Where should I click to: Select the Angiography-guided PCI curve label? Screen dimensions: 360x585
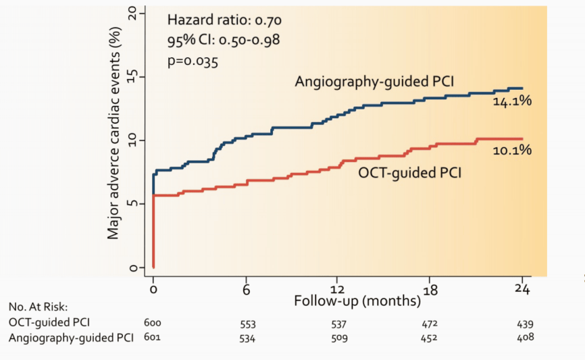pos(374,82)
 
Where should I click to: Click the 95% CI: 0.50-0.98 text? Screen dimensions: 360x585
pos(224,40)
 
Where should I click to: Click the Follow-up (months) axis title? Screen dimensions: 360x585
pos(357,301)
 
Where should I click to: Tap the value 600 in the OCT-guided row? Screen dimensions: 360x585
pos(153,324)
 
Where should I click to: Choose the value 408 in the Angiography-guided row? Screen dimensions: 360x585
pos(524,336)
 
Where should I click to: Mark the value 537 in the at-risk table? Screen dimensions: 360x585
pos(339,324)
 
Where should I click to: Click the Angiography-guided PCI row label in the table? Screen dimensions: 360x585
pos(71,336)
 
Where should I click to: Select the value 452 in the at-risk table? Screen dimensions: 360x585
pos(431,337)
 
